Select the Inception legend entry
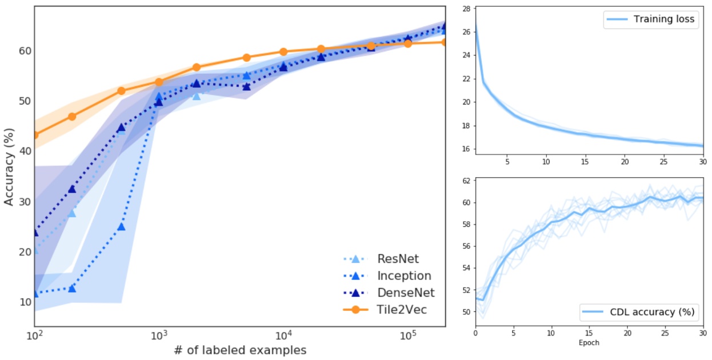pyautogui.click(x=403, y=276)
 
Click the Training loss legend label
pyautogui.click(x=664, y=19)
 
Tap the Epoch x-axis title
pyautogui.click(x=589, y=343)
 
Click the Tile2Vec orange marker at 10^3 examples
pyautogui.click(x=159, y=82)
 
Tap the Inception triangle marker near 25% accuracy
pyautogui.click(x=121, y=227)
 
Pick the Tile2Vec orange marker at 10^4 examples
pyautogui.click(x=283, y=52)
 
